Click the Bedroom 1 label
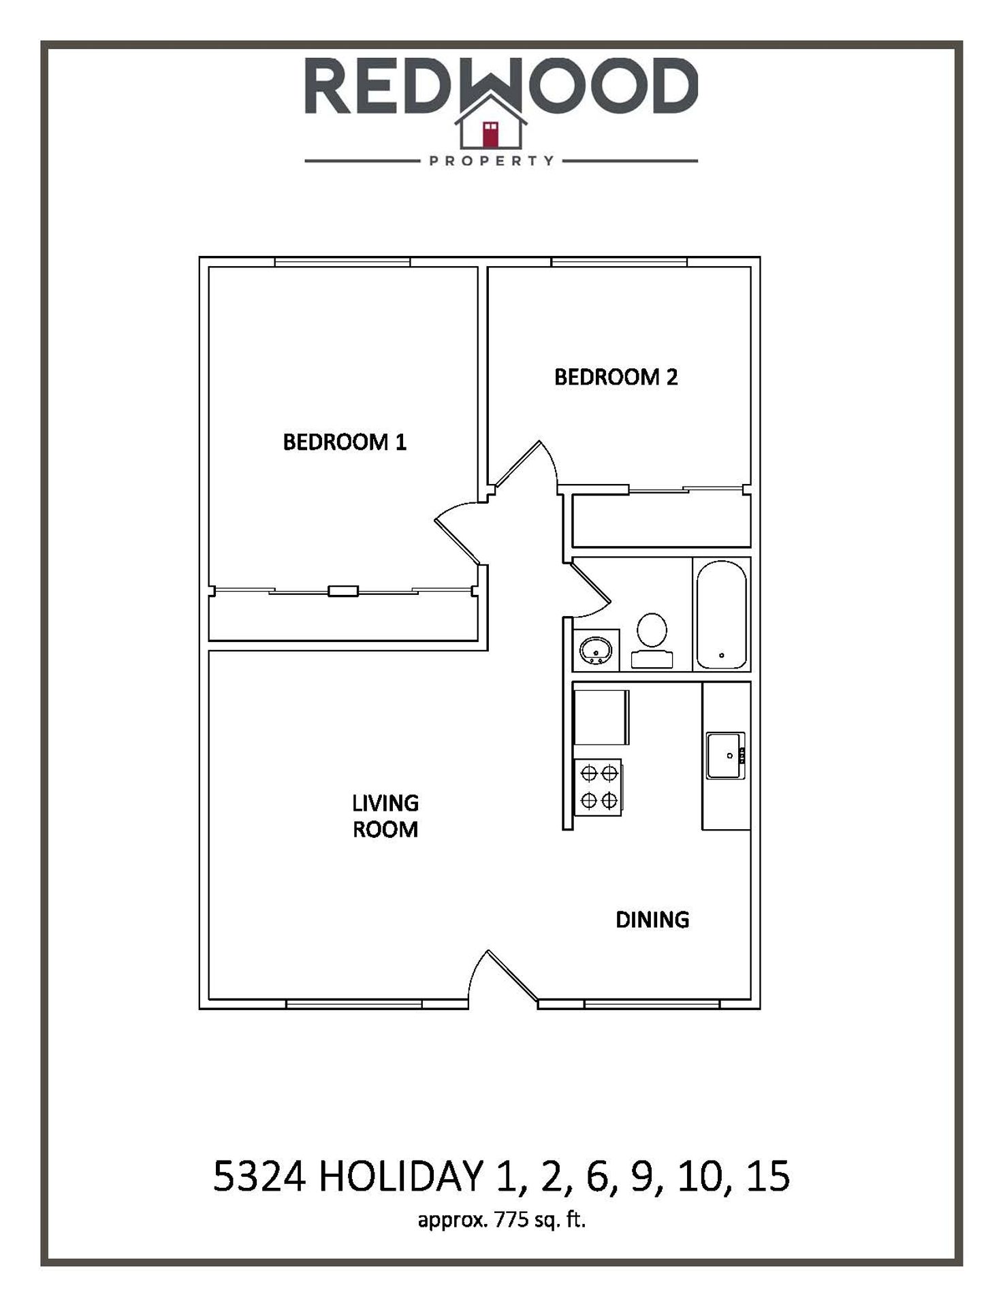tap(345, 442)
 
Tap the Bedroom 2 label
tap(616, 377)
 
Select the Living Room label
tap(385, 816)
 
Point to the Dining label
tap(652, 920)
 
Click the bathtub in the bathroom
tap(722, 615)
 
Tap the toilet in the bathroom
tap(652, 640)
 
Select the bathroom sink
tap(596, 650)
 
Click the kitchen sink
tap(726, 756)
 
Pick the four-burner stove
tap(599, 787)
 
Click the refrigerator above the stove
tap(601, 717)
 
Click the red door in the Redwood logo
tap(490, 134)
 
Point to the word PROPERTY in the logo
tap(492, 161)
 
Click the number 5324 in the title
tap(259, 1177)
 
